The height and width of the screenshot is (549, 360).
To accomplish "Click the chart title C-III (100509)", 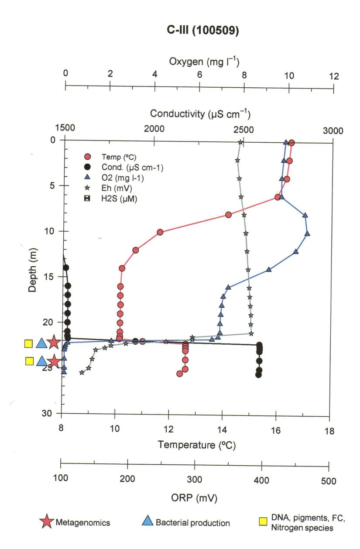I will tap(199, 32).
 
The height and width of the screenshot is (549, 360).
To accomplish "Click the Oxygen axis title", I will tap(204, 62).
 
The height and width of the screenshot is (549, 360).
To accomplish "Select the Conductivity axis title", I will tap(200, 114).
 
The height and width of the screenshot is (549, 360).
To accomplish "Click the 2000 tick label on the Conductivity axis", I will tap(154, 130).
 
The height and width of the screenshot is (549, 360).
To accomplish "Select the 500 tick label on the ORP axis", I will tap(328, 481).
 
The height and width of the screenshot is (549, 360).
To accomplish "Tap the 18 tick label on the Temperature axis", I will tap(329, 431).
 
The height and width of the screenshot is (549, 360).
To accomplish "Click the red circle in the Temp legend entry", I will tap(88, 157).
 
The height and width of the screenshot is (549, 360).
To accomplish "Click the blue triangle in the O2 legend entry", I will tap(88, 178).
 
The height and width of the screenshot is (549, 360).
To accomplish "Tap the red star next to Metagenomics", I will tap(47, 522).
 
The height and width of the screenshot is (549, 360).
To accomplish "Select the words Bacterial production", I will tap(192, 522).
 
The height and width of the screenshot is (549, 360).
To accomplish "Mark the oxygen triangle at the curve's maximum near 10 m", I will tap(307, 233).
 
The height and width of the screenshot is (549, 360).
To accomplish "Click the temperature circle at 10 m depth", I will tap(160, 232).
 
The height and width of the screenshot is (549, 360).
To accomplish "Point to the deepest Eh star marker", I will tap(82, 372).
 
